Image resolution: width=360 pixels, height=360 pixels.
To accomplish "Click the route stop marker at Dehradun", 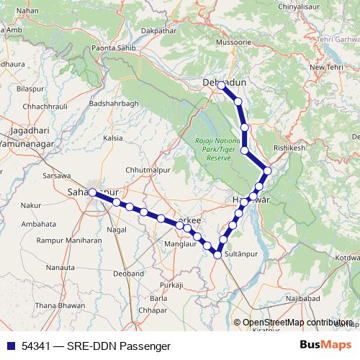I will coord(221,86).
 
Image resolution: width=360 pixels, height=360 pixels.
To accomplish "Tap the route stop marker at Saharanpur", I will coord(92,192).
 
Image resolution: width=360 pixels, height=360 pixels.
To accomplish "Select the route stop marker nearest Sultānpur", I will coord(217,254).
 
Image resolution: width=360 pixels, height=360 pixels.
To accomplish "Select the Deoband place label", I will coord(128,274).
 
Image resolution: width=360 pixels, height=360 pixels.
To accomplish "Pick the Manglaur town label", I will coord(180,244).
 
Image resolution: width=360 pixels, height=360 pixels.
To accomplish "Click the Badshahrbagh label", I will coord(112,103).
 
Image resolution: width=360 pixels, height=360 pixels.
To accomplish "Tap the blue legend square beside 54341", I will coord(9,346).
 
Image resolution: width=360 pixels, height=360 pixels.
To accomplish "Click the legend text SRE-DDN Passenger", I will coord(107,346).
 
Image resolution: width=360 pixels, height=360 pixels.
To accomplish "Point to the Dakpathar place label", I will coord(159,32).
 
